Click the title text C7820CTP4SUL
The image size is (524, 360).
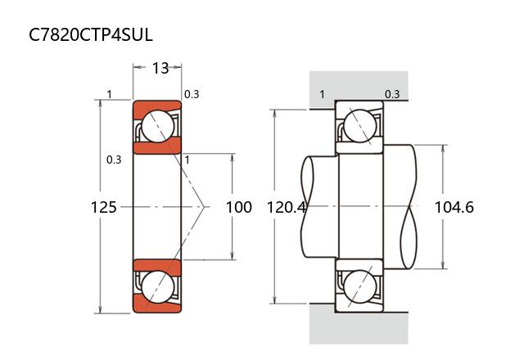[91, 35]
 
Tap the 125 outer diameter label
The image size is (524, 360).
[103, 207]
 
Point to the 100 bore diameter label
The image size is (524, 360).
[238, 207]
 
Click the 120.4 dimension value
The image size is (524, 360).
[287, 207]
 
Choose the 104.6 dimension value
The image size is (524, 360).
[454, 207]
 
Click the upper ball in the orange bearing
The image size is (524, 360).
[156, 126]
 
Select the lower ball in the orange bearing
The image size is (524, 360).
[156, 287]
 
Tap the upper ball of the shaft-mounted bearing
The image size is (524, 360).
[359, 126]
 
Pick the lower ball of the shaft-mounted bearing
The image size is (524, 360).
[359, 287]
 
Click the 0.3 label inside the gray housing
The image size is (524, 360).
[392, 94]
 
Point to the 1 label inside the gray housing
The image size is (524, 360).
[322, 94]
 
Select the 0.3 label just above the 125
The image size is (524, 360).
[114, 160]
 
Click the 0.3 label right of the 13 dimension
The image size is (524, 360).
[191, 94]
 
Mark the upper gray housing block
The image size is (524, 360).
[358, 88]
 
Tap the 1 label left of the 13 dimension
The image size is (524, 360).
[109, 94]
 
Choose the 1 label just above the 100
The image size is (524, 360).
[187, 160]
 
